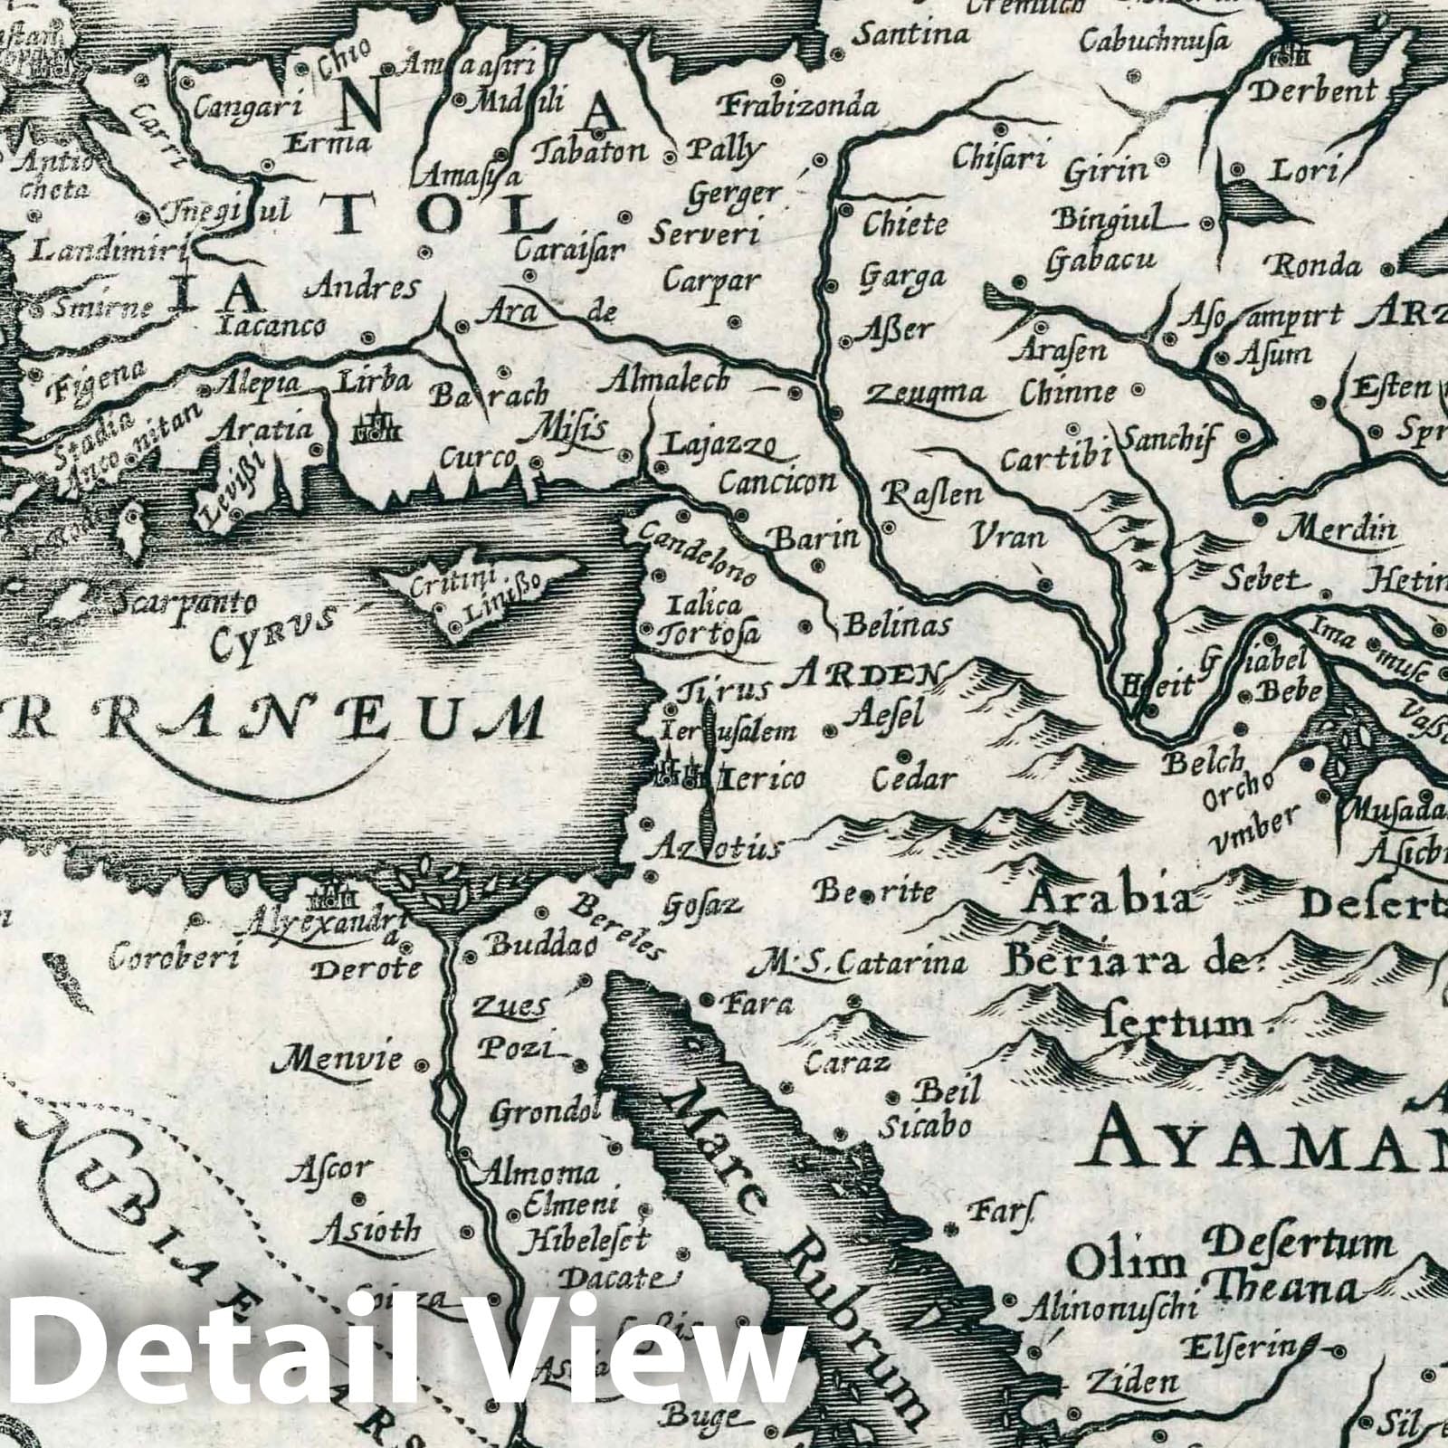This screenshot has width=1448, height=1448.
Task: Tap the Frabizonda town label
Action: (x=797, y=107)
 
